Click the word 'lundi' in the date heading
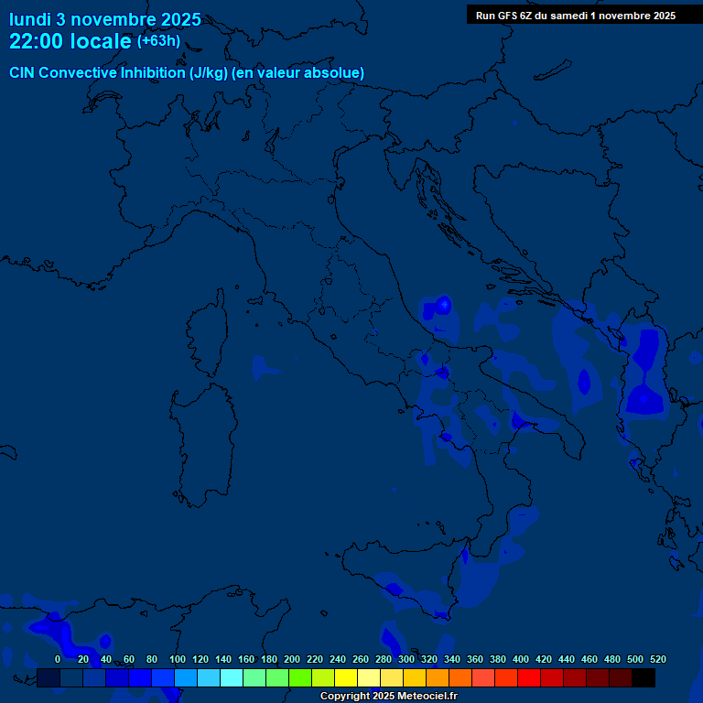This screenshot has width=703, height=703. click(29, 19)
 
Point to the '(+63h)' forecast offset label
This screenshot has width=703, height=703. click(158, 41)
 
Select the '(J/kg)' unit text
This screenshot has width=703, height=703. click(209, 72)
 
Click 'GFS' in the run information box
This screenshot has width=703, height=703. click(510, 16)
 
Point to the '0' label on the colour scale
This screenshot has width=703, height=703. click(58, 659)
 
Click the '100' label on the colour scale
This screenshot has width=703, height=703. click(178, 659)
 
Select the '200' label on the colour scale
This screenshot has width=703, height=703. click(292, 659)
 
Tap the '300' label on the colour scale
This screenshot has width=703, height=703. click(406, 659)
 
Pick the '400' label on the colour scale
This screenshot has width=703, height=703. click(521, 659)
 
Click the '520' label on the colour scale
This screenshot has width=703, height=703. click(657, 659)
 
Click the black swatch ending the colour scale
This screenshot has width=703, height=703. click(644, 677)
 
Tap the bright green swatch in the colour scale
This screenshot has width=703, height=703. click(300, 677)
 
